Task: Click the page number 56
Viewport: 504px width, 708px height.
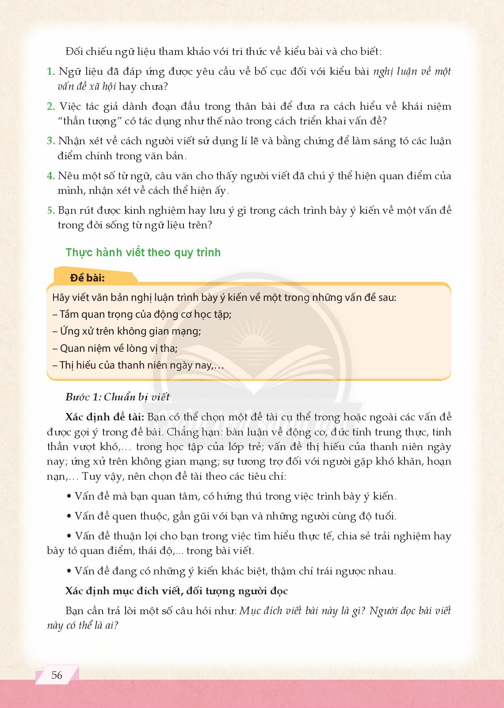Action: (x=57, y=675)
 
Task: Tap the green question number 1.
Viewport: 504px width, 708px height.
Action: (x=50, y=72)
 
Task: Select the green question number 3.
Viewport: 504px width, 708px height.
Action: (x=50, y=141)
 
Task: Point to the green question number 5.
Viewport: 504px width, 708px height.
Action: (x=50, y=211)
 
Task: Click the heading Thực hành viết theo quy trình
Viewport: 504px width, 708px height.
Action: (x=143, y=253)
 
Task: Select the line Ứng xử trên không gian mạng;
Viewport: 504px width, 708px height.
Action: (x=126, y=331)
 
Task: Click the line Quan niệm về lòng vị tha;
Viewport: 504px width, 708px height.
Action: (x=115, y=348)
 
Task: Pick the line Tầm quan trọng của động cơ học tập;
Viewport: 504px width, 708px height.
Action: (x=142, y=315)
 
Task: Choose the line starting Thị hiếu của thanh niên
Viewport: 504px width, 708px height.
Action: (x=138, y=366)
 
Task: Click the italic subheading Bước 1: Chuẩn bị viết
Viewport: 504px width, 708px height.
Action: (x=118, y=397)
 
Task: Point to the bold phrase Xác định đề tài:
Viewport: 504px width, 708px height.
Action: (x=104, y=417)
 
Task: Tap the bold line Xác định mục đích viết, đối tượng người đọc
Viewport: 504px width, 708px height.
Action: (x=176, y=591)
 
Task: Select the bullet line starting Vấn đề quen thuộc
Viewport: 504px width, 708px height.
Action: (x=231, y=516)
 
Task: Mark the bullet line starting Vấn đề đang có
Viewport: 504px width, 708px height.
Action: (x=231, y=571)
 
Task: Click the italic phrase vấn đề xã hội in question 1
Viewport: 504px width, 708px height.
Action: (x=86, y=86)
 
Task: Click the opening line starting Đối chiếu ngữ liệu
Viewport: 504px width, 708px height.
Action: (x=223, y=52)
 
